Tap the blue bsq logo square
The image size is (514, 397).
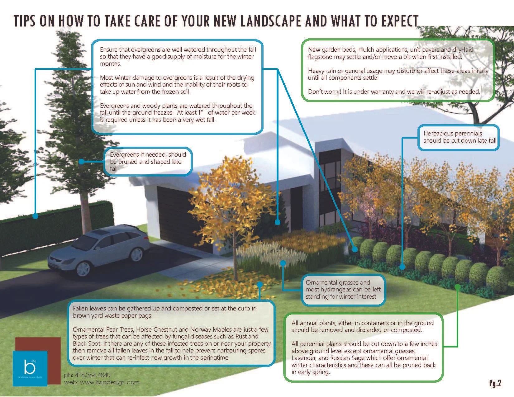coord(30,368)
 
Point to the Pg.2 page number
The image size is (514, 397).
coord(495,383)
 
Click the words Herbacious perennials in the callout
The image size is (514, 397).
coord(452,133)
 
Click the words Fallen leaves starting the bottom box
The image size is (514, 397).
coord(90,308)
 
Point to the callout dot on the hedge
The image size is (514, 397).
coord(36,215)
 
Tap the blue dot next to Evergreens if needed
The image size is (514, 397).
coord(82,162)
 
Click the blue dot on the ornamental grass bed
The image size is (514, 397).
coord(283,263)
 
